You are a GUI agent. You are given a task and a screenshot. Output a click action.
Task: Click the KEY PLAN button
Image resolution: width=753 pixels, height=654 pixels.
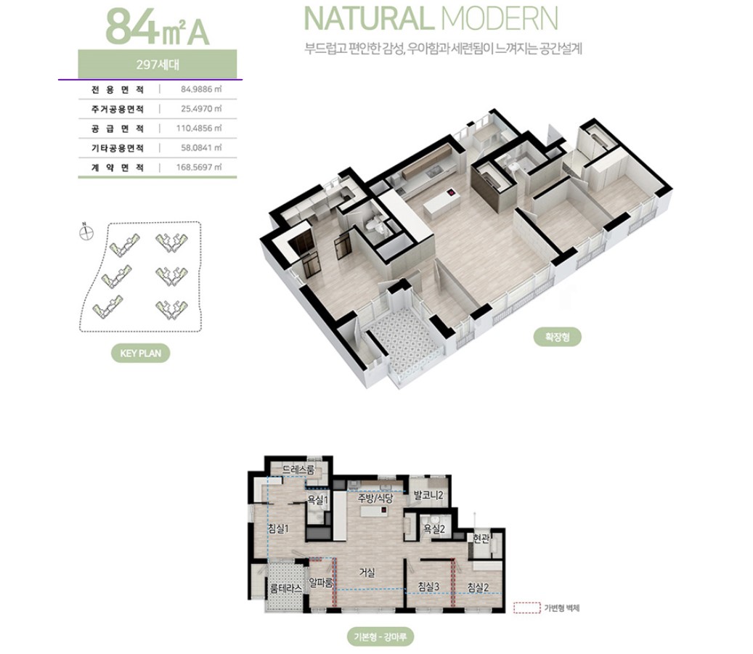pyautogui.click(x=140, y=353)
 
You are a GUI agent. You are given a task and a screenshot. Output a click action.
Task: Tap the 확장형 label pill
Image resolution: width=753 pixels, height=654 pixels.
pyautogui.click(x=557, y=337)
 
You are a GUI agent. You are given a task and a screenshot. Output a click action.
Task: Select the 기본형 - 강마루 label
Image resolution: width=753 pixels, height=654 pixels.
pyautogui.click(x=380, y=637)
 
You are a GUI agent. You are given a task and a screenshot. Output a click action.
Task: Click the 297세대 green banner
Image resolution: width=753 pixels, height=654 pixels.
pyautogui.click(x=157, y=64)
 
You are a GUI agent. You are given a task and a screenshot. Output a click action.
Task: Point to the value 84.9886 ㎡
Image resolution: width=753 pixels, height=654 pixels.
pyautogui.click(x=201, y=89)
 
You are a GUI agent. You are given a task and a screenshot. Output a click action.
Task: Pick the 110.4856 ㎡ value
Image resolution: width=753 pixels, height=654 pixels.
pyautogui.click(x=199, y=128)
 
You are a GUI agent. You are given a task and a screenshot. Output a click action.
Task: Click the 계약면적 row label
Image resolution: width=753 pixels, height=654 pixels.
pyautogui.click(x=118, y=168)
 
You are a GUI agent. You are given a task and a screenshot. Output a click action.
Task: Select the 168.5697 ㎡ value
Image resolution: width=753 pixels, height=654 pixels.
pyautogui.click(x=199, y=167)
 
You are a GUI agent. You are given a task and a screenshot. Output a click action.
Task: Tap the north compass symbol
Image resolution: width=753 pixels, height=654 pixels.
pyautogui.click(x=86, y=233)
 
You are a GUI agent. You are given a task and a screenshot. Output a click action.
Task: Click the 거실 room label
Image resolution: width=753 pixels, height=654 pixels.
pyautogui.click(x=367, y=573)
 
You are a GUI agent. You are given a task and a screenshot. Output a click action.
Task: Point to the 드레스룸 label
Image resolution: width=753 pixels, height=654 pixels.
pyautogui.click(x=298, y=470)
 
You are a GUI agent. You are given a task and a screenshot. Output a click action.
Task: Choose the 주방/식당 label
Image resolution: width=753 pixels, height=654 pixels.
pyautogui.click(x=375, y=498)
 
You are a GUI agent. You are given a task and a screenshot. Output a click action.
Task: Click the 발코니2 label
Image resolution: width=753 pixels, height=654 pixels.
pyautogui.click(x=428, y=495)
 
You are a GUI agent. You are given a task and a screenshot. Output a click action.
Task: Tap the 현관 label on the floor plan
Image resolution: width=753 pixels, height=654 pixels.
pyautogui.click(x=481, y=539)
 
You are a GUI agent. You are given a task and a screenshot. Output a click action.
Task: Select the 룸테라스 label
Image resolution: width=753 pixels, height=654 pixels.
pyautogui.click(x=286, y=588)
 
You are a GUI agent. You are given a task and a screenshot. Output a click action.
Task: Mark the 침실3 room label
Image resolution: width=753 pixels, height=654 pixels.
pyautogui.click(x=428, y=586)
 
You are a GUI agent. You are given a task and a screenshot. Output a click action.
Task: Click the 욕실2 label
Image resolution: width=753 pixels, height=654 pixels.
pyautogui.click(x=434, y=528)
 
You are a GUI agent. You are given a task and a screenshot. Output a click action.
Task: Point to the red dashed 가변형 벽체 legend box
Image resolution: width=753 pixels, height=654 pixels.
pyautogui.click(x=527, y=608)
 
